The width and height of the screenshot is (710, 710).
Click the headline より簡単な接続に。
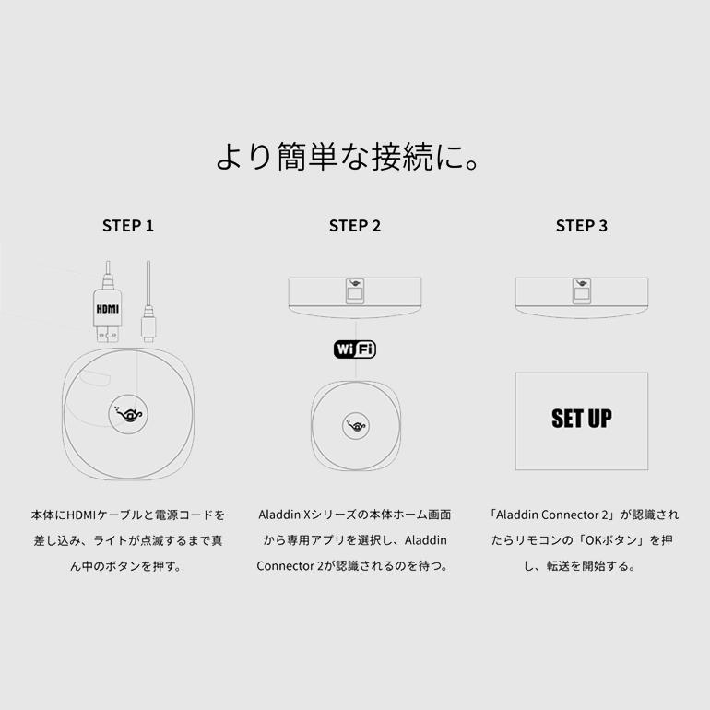354,158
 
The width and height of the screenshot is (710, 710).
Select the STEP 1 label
128,226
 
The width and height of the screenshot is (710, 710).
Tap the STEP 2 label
354,226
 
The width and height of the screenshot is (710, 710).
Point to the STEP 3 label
581,226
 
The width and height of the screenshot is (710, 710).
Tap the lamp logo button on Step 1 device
128,414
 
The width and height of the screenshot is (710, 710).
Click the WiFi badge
354,349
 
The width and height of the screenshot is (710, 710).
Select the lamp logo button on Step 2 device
354,424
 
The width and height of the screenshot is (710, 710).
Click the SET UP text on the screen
581,419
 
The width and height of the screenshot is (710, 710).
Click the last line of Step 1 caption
128,565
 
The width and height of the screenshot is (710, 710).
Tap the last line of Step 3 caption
581,565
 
